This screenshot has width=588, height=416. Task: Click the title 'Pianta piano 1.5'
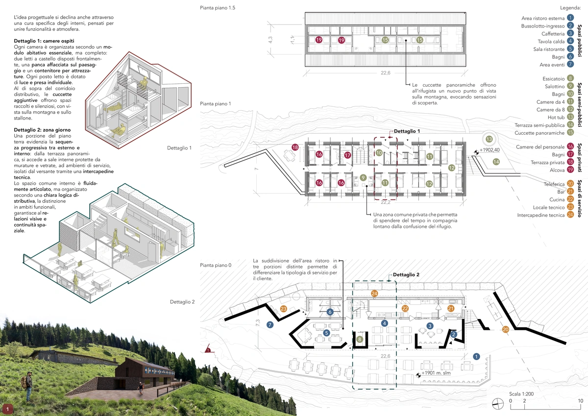218,8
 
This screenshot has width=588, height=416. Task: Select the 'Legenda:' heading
570,8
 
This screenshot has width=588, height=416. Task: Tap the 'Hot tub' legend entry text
556,117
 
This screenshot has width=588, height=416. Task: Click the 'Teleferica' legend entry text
554,184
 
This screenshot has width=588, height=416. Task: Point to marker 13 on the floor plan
489,139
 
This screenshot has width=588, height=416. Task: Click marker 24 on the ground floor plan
374,294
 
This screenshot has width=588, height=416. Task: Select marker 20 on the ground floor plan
505,329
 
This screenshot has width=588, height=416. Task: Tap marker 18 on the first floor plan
295,147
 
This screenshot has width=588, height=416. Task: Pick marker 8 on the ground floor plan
360,340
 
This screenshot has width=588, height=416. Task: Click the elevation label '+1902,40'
490,150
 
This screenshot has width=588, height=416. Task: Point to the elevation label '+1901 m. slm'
436,373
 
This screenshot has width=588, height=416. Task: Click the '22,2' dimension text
385,202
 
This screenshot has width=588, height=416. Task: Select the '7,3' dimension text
258,322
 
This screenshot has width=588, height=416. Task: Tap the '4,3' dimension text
270,40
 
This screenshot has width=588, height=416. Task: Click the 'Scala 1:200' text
521,394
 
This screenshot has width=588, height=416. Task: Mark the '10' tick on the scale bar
580,401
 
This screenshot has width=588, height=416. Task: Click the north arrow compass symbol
498,404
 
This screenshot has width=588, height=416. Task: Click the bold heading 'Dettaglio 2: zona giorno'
42,130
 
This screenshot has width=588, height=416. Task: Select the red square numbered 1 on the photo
8,409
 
